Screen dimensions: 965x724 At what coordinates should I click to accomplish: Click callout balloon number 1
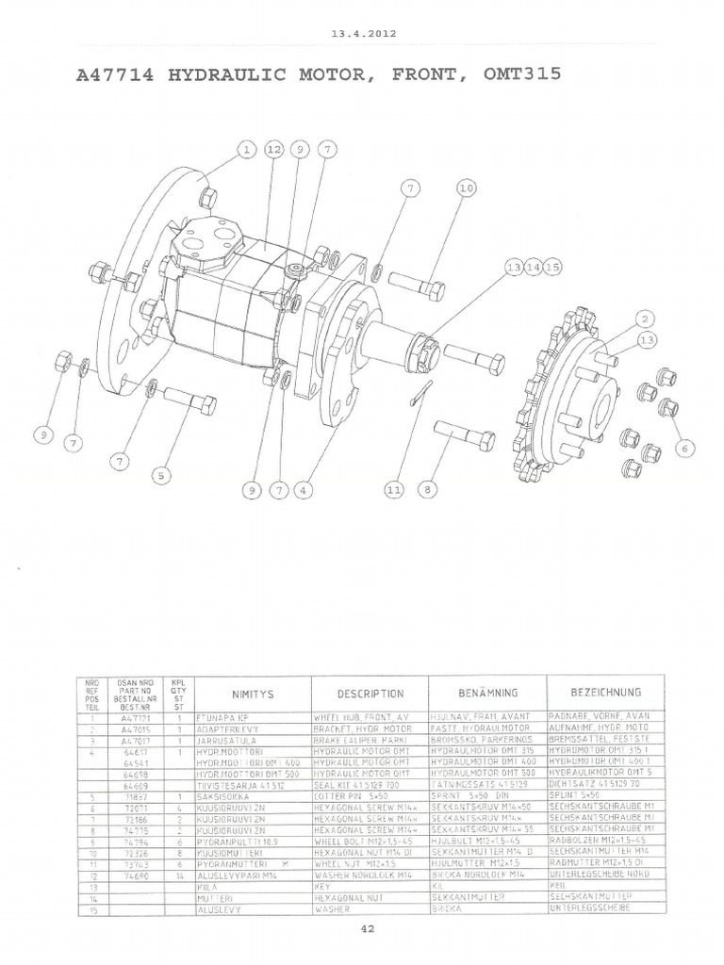[246, 149]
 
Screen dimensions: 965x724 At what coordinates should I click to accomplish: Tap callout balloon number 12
[274, 149]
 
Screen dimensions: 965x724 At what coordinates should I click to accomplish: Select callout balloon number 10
[467, 188]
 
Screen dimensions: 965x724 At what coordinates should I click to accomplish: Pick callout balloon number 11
[394, 490]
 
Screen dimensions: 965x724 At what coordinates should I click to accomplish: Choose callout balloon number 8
[428, 490]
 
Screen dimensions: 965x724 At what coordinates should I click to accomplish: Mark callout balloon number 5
[162, 475]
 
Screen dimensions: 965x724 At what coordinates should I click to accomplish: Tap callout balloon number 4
[302, 490]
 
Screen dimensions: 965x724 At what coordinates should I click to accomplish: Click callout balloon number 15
[551, 268]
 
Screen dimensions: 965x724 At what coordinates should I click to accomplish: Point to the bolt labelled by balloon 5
[190, 400]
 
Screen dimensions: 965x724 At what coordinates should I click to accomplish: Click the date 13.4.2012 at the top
[363, 33]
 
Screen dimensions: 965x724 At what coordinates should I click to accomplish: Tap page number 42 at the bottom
[368, 930]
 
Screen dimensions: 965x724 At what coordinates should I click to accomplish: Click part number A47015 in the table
[136, 729]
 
